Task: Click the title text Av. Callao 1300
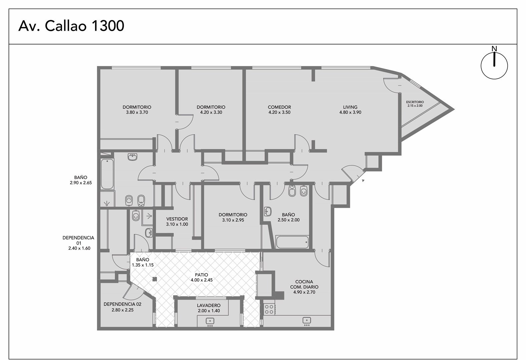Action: (71, 26)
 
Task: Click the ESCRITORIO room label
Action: (415, 102)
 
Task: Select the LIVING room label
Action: (350, 107)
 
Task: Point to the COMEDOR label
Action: (279, 107)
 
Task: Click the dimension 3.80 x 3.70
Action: (137, 112)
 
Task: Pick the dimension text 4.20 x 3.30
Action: (211, 112)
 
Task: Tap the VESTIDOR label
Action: (177, 219)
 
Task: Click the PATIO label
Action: (201, 275)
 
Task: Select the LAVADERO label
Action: (209, 305)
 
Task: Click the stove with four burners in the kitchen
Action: (269, 309)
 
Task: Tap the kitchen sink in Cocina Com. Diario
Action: (307, 321)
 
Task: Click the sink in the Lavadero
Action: (210, 322)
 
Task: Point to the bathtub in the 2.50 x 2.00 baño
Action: (292, 242)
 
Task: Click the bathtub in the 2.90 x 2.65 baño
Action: (107, 174)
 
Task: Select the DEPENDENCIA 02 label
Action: (122, 304)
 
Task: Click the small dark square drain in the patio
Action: (154, 279)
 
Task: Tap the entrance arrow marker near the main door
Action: (363, 181)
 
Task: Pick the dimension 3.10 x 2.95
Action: (233, 220)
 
